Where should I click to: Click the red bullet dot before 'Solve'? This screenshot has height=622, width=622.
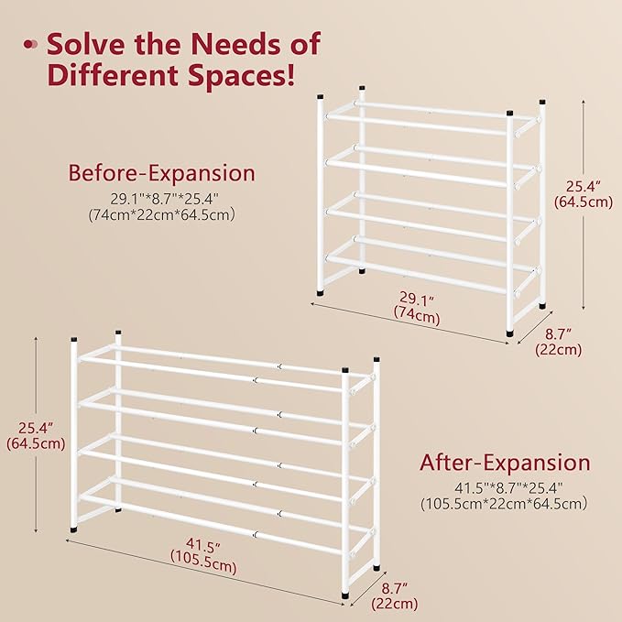click(30, 44)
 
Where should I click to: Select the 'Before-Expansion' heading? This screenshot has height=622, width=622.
click(162, 173)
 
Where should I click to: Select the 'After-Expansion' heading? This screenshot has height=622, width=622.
click(505, 463)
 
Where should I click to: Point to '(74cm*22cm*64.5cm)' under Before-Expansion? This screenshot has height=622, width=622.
click(162, 214)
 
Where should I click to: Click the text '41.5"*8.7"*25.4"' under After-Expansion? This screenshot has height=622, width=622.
click(505, 486)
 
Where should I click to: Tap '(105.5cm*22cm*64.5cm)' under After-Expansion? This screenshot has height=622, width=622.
click(505, 503)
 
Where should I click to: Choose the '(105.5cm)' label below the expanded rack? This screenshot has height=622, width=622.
click(203, 566)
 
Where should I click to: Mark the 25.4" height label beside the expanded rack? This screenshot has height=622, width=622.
click(35, 427)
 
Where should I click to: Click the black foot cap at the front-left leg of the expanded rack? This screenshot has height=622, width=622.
click(73, 529)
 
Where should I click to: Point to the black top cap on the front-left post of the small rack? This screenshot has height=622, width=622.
click(320, 94)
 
